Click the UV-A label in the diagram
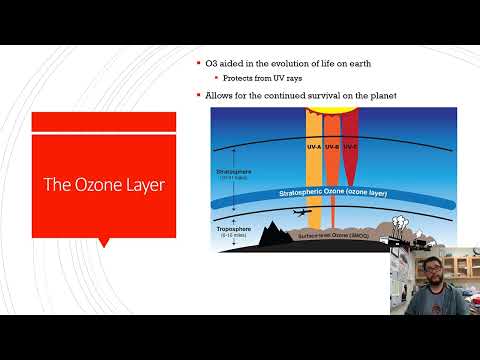coord(313,147)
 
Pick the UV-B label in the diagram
coord(332,147)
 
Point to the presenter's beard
coord(435,281)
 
